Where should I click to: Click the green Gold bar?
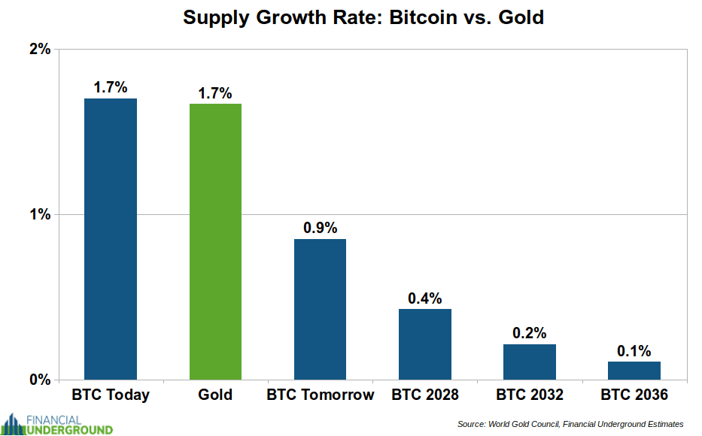tap(215, 241)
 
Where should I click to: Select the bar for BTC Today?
tap(111, 238)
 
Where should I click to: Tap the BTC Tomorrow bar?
tap(320, 309)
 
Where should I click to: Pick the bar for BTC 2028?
tap(425, 344)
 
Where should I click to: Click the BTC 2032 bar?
tap(530, 362)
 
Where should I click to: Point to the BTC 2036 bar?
tap(634, 370)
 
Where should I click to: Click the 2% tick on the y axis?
tap(39, 50)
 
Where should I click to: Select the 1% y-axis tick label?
tap(39, 214)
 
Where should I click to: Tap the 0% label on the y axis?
tap(39, 380)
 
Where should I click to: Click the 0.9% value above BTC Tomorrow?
tap(321, 228)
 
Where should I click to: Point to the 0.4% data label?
tap(425, 298)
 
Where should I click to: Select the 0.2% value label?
tap(530, 333)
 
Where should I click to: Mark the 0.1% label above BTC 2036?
tap(634, 350)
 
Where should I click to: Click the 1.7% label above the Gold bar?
tap(215, 93)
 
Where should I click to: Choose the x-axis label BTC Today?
tap(111, 395)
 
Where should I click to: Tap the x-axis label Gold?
tap(215, 395)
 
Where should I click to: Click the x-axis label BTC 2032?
tap(530, 395)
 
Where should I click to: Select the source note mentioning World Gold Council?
tap(570, 424)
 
